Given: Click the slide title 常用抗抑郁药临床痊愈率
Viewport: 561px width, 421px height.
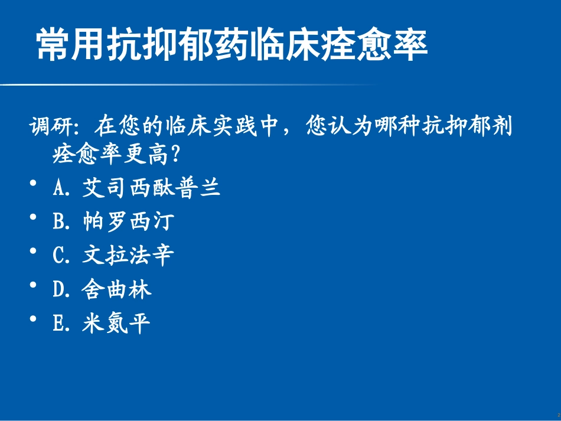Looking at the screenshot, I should [x=231, y=45].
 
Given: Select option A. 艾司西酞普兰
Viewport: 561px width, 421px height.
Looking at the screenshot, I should [x=136, y=188].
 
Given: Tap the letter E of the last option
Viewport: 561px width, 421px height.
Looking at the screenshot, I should [x=58, y=324].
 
